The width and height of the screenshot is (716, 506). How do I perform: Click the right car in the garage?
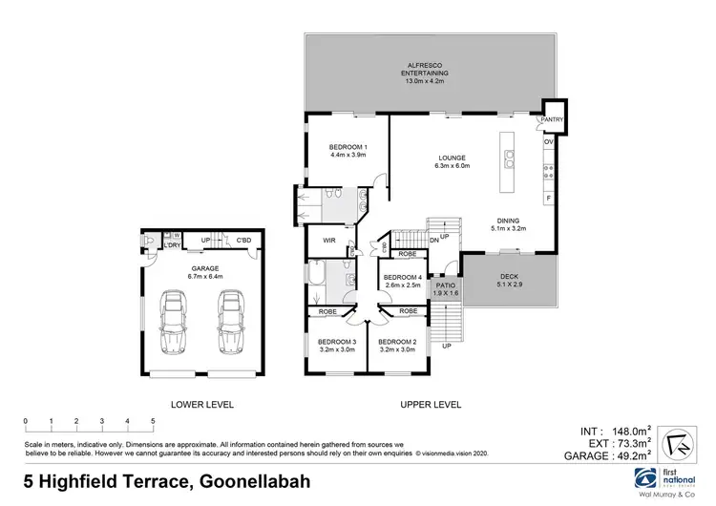pyautogui.click(x=229, y=322)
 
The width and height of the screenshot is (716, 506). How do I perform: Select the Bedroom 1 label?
pyautogui.click(x=347, y=151)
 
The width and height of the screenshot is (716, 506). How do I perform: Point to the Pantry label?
pyautogui.click(x=553, y=119)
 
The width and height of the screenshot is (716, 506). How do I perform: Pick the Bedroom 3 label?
pyautogui.click(x=337, y=346)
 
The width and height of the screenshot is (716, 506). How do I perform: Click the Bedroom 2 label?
pyautogui.click(x=397, y=346)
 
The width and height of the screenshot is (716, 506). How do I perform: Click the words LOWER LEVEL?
pyautogui.click(x=201, y=404)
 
